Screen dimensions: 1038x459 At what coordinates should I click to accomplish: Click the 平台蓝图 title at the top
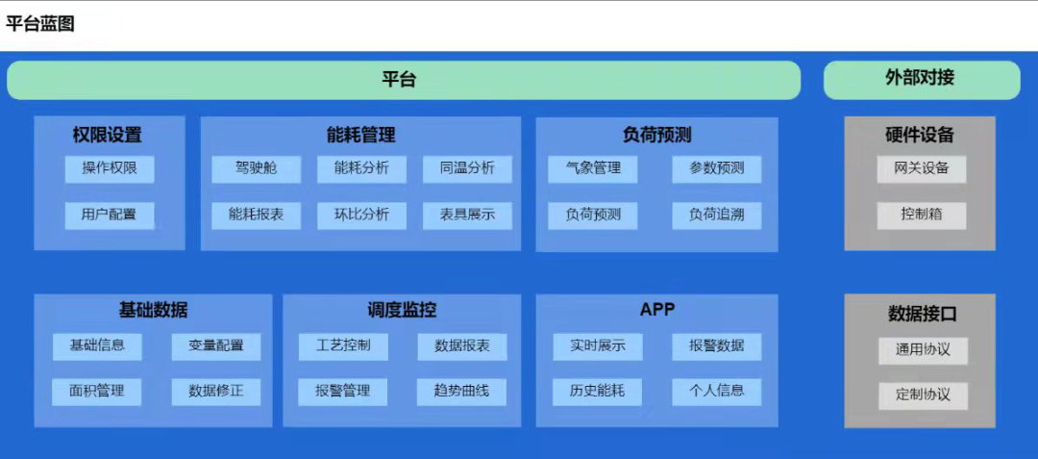(40, 24)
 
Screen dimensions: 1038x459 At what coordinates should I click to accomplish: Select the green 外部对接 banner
(921, 79)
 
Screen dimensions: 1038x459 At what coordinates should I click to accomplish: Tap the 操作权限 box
(110, 168)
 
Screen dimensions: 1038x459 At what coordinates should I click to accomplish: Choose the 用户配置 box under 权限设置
(110, 215)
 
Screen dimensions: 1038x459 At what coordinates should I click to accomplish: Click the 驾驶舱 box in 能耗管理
(256, 168)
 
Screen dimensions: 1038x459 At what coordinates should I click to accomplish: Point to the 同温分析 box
(467, 168)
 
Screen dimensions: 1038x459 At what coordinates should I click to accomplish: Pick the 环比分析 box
(361, 215)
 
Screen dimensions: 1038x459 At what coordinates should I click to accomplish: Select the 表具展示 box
(467, 215)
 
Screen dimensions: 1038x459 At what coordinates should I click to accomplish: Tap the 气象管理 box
(592, 168)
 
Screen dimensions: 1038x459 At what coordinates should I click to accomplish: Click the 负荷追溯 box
(716, 215)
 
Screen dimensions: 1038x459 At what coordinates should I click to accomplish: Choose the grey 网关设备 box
(921, 168)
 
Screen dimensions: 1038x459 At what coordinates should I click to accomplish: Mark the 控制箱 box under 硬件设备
(921, 215)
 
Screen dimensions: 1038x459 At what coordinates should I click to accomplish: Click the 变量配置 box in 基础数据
(216, 345)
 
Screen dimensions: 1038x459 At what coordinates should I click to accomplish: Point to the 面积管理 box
(97, 392)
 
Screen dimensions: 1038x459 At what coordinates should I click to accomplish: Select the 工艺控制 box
(342, 345)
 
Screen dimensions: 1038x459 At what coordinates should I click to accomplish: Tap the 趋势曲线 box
(461, 392)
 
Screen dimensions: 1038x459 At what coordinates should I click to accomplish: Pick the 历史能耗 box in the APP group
(597, 392)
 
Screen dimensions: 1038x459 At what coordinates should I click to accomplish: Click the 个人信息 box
(716, 392)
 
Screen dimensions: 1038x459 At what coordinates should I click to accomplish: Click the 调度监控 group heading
(402, 310)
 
